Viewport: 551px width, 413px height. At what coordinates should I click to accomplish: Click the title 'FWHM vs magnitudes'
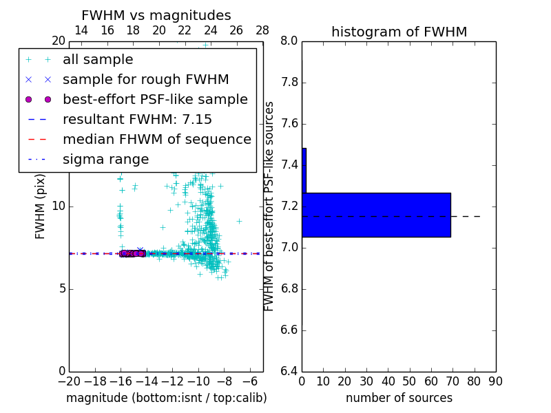click(x=156, y=15)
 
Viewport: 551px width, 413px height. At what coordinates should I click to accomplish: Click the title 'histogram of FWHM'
click(x=399, y=32)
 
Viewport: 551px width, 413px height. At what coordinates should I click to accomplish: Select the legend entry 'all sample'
click(x=98, y=60)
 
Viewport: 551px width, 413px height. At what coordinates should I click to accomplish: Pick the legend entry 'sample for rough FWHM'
click(x=145, y=79)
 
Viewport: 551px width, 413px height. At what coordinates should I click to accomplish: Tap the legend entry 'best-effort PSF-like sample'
click(x=155, y=99)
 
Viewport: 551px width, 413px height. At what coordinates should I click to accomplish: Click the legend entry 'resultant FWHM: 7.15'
click(x=137, y=119)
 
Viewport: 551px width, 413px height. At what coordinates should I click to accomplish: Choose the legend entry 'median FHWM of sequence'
click(x=156, y=139)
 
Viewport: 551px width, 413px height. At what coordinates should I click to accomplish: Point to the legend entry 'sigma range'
click(x=105, y=159)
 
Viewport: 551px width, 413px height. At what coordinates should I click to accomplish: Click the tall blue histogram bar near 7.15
click(x=376, y=215)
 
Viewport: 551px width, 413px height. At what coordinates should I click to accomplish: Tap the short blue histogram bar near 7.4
click(x=304, y=170)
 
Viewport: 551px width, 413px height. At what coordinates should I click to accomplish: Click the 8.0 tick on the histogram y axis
click(x=289, y=41)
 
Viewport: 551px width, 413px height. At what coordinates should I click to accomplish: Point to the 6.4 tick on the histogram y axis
click(x=289, y=371)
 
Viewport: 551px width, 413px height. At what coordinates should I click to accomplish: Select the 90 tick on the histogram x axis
click(x=496, y=381)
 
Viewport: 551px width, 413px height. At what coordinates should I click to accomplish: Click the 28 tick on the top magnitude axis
click(x=262, y=30)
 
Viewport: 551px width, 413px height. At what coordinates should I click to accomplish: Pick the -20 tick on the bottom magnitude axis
click(x=69, y=381)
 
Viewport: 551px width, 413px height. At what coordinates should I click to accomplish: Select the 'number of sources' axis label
click(x=399, y=398)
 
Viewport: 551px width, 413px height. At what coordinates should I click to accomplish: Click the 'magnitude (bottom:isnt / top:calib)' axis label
click(x=166, y=398)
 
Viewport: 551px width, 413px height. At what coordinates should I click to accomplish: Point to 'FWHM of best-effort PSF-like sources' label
click(x=269, y=206)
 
